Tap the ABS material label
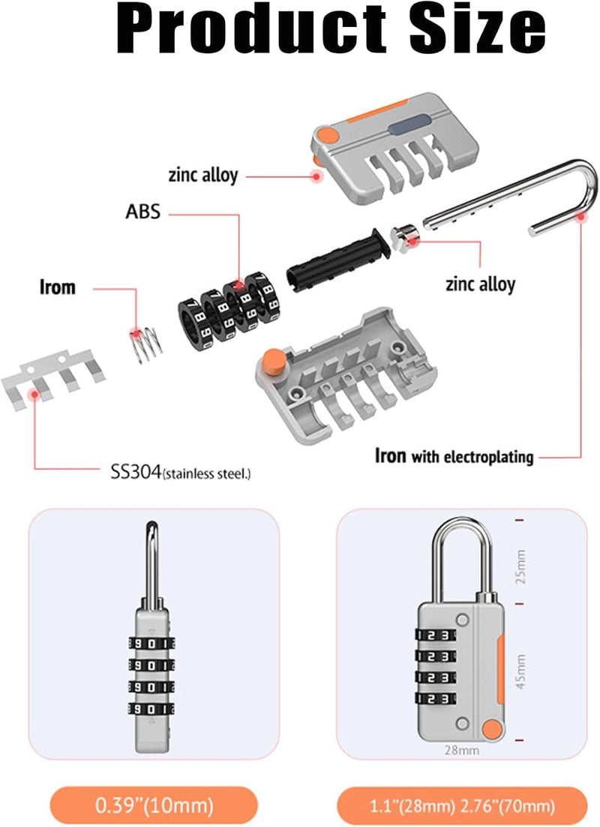[142, 212]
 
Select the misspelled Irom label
[57, 287]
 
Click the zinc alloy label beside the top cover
[202, 176]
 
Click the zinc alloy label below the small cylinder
[480, 284]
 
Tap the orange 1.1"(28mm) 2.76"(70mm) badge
[462, 807]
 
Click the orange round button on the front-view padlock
[491, 729]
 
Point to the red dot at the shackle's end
[580, 217]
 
